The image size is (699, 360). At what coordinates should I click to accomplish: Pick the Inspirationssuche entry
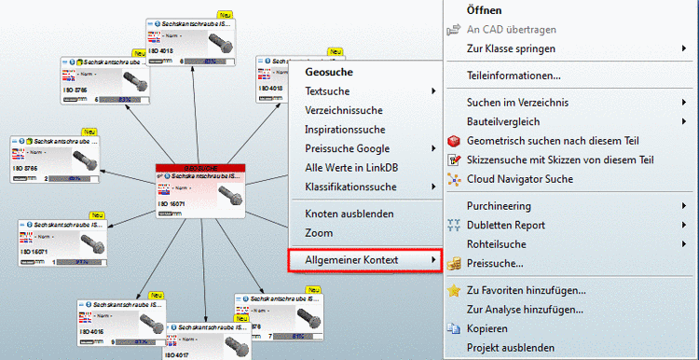click(x=344, y=130)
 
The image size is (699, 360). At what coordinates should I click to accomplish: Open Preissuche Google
click(x=347, y=148)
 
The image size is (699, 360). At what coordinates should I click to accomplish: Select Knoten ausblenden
click(x=348, y=214)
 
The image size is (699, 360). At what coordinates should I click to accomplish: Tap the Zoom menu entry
click(x=319, y=232)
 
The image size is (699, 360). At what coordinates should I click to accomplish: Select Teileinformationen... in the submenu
click(x=514, y=75)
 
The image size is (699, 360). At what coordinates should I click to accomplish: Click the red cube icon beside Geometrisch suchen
click(x=454, y=141)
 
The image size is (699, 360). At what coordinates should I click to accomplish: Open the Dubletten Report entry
click(x=506, y=225)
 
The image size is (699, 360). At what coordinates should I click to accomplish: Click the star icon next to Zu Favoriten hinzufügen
click(x=454, y=290)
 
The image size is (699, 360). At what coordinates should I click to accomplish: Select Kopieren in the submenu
click(x=487, y=328)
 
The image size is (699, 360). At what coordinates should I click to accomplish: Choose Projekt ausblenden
click(x=511, y=348)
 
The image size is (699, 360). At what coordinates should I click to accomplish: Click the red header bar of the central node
click(x=199, y=168)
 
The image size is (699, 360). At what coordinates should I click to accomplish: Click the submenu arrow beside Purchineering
click(x=684, y=205)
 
